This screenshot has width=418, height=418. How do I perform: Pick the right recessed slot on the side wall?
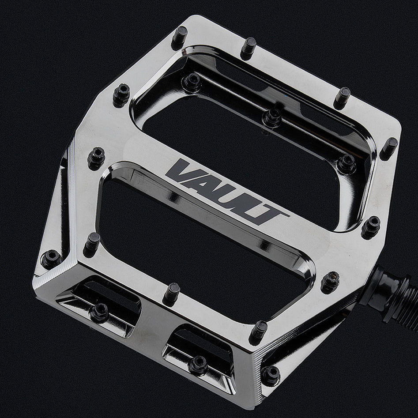pyautogui.click(x=201, y=353)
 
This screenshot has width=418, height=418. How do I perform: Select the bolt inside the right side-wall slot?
pyautogui.click(x=197, y=364)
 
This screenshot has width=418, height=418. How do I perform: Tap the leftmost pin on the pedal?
pyautogui.click(x=50, y=259)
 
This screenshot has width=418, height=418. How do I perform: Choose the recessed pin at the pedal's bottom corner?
pyautogui.click(x=270, y=374)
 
